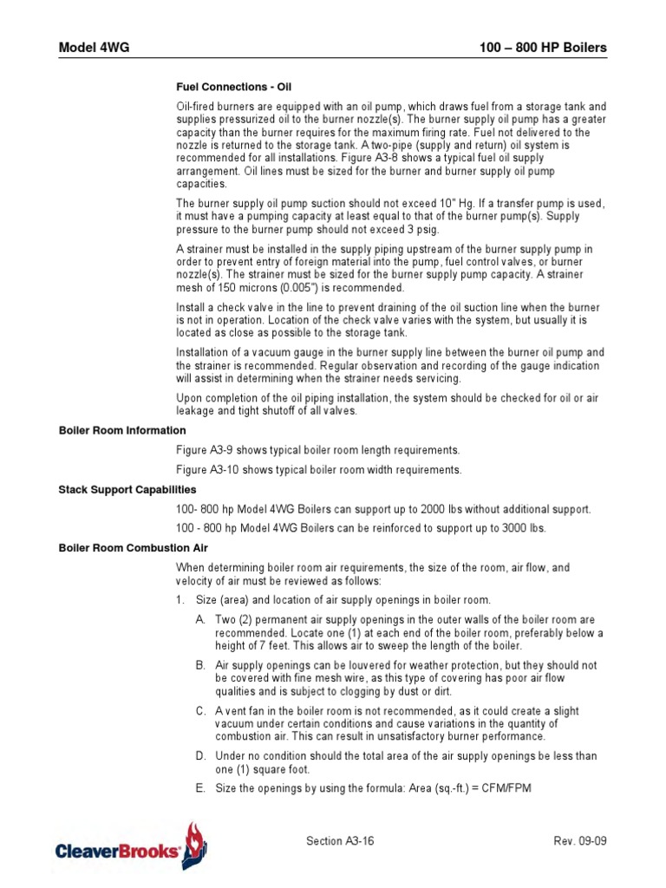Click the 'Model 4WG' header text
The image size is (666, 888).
94,47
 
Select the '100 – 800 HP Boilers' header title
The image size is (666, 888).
543,47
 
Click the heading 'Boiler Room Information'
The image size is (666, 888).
122,430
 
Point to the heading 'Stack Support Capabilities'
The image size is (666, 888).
127,490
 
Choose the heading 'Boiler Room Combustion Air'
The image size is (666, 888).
134,548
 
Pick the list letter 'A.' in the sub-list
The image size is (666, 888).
200,620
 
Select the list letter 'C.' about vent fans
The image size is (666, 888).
200,711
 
